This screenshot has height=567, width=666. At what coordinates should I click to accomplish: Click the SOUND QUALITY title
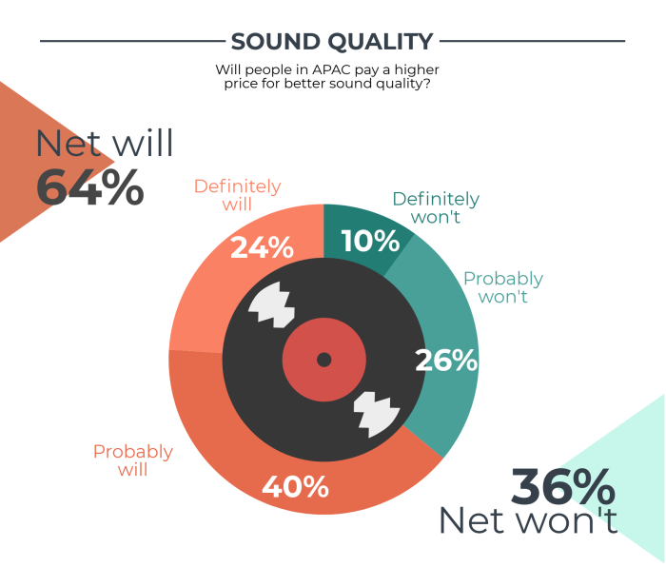332,42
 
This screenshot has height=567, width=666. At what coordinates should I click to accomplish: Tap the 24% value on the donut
262,247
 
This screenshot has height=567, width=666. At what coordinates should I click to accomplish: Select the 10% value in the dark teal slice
370,241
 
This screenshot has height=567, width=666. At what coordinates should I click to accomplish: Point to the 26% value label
446,361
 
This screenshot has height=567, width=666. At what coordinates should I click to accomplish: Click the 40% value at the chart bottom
295,487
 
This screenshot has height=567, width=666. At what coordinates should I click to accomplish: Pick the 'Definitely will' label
238,195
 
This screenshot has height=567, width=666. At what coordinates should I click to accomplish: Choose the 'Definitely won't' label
436,207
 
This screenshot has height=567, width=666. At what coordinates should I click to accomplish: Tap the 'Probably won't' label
503,287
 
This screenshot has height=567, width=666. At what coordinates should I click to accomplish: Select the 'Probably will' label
133,460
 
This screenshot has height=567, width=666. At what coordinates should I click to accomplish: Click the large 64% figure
90,186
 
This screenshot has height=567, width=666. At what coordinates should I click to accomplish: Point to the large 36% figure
563,486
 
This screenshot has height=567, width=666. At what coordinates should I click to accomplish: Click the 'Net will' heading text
105,143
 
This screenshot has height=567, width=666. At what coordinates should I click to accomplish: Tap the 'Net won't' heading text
528,519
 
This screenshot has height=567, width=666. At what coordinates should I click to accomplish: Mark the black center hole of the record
324,360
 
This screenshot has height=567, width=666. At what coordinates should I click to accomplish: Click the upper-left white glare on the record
272,304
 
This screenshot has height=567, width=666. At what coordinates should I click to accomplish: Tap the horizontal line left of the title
132,41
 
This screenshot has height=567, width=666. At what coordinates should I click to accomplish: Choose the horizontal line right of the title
532,41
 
